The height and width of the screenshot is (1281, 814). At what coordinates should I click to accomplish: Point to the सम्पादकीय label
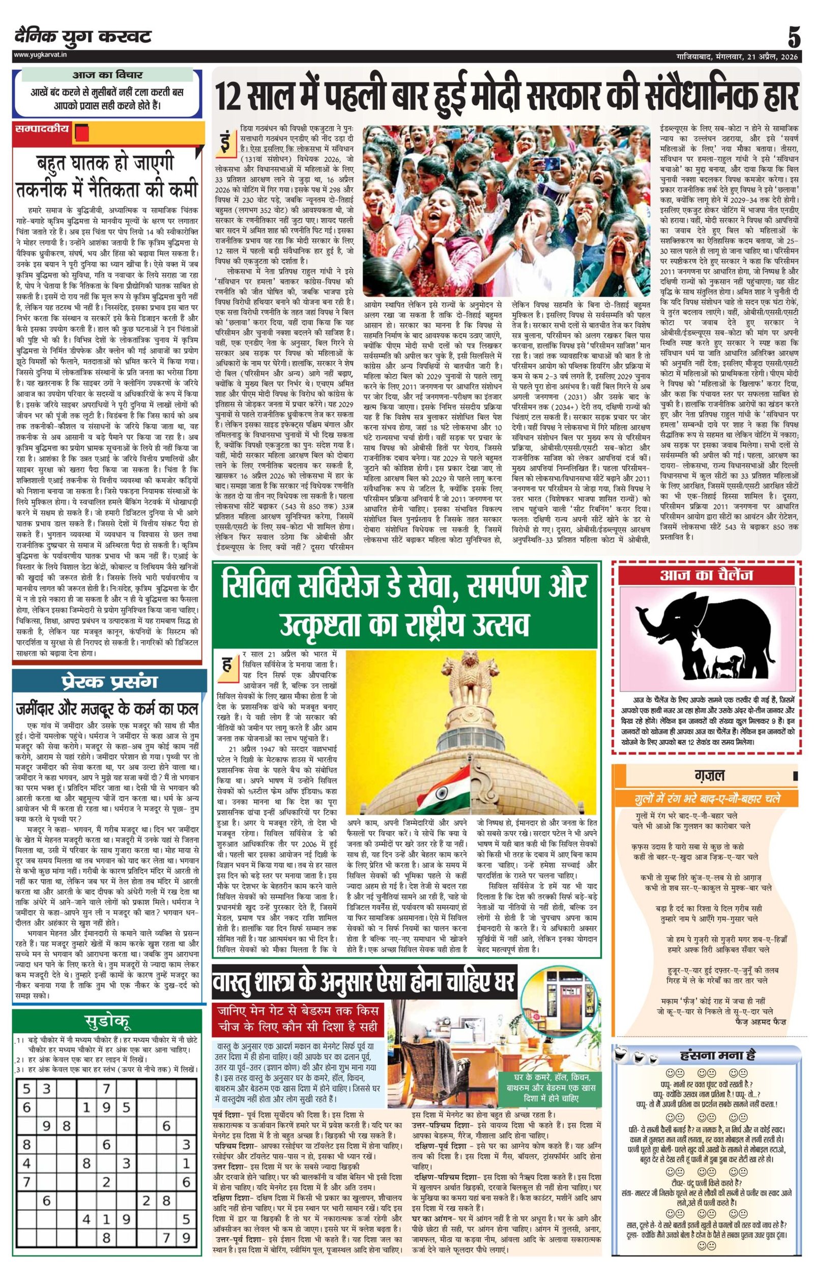(43, 129)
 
